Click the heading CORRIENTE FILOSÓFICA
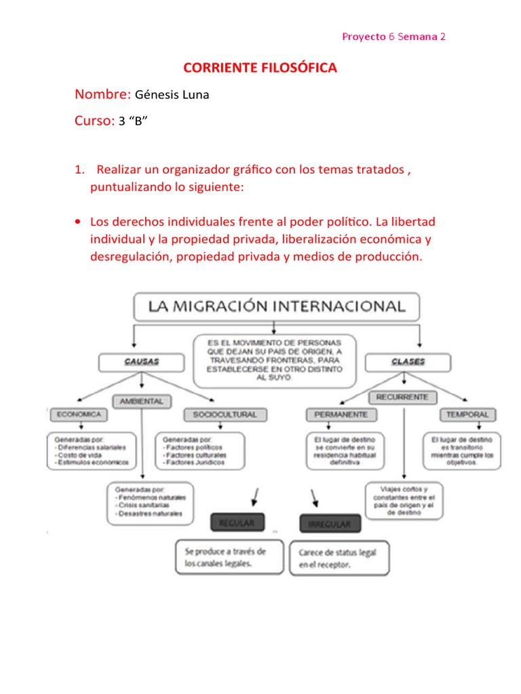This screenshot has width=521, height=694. (260, 68)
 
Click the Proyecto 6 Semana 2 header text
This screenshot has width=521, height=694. (393, 37)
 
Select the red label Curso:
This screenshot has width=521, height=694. (94, 121)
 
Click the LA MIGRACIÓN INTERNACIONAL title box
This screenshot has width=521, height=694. (276, 306)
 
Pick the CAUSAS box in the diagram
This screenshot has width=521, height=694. (142, 362)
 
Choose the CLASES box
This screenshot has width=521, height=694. (408, 362)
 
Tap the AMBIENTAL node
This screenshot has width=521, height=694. (142, 401)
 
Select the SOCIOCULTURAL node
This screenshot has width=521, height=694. (225, 413)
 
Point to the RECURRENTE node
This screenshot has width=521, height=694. (404, 397)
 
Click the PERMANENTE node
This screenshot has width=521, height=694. (341, 413)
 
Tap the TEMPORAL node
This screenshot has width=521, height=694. (467, 413)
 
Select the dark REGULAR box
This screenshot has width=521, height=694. (236, 523)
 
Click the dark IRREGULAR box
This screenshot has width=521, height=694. (329, 524)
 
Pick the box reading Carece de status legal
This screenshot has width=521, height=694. (339, 558)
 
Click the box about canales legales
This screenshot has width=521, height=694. (229, 556)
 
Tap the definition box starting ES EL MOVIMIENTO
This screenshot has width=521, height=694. (276, 361)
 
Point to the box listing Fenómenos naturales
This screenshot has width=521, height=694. (151, 503)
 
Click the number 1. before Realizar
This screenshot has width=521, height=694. (79, 170)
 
